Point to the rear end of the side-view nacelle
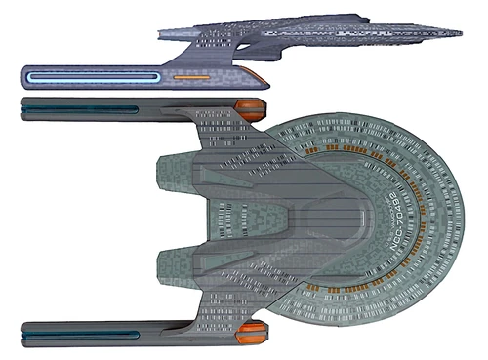click(x=21, y=77)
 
